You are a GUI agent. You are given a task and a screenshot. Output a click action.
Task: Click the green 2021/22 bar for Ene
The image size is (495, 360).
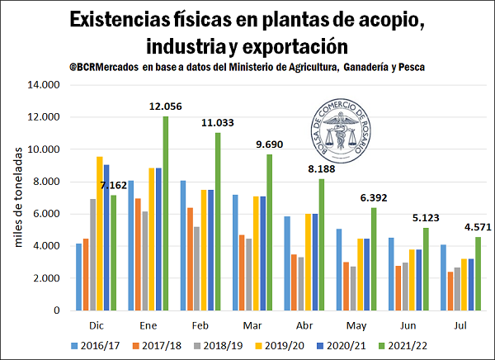pyautogui.click(x=165, y=213)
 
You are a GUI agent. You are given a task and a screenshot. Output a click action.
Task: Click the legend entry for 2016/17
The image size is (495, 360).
pyautogui.click(x=94, y=346)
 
